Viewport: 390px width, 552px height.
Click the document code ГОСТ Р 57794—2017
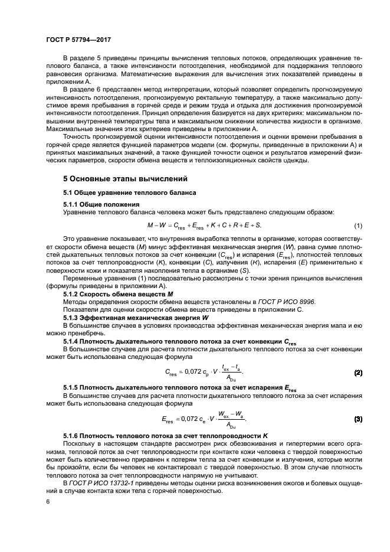[78, 40]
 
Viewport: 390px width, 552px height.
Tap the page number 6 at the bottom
[47, 501]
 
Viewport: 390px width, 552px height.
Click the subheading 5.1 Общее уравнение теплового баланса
[130, 192]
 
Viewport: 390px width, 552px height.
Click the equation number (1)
[357, 226]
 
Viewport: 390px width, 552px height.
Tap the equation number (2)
[357, 373]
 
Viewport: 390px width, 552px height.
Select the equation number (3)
[357, 419]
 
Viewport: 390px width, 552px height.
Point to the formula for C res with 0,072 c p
[204, 373]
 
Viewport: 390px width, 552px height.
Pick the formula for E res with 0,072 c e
[204, 419]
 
